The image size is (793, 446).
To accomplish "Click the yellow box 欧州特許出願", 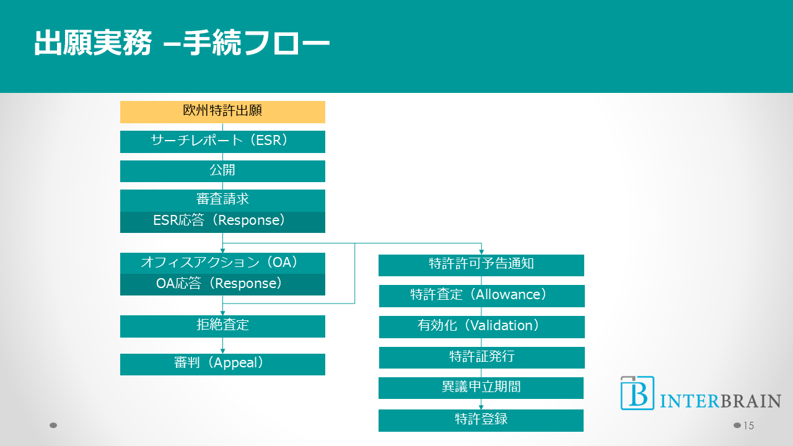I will pos(222,111).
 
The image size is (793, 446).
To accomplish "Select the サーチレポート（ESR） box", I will pos(222,141).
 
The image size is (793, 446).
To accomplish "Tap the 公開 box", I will pos(222,171).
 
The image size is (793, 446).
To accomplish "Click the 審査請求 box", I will pos(222,200).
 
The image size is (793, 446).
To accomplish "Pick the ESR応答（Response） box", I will pos(222,222).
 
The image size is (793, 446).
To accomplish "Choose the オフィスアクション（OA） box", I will pos(222,263).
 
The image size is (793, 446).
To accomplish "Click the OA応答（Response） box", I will pos(222,284).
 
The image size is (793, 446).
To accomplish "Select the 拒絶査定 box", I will pos(222,326).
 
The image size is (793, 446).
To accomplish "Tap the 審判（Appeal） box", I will pos(222,364).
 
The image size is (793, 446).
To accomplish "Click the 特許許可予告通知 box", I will pos(481,265).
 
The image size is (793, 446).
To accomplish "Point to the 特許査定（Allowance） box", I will pos(481,295).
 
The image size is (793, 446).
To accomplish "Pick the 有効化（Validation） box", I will pos(481,326).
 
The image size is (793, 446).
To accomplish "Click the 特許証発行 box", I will pos(481,357).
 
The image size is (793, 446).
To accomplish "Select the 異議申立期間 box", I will pos(481,388).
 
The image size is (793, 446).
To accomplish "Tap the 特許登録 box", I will pos(481,420).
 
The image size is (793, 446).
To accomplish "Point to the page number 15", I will pos(748,426).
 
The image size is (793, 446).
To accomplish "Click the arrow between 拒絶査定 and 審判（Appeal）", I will pos(222,346).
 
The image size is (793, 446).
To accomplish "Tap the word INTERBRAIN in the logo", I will pos(721,401).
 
